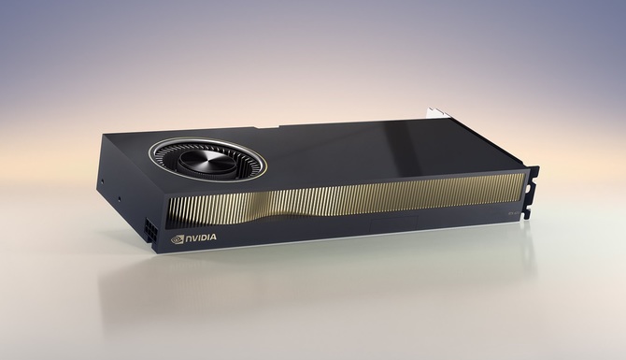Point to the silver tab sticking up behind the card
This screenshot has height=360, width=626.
436,111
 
